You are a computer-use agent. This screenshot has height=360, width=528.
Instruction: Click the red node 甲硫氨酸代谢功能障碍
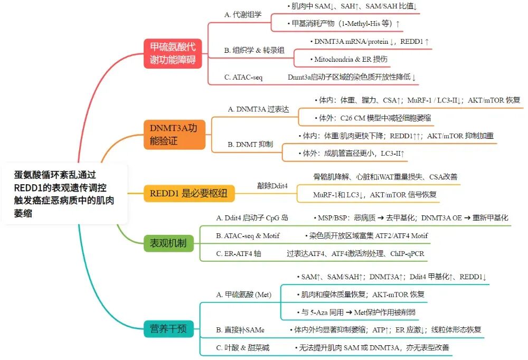tap(172, 54)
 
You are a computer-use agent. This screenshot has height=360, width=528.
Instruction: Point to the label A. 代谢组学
tap(243, 15)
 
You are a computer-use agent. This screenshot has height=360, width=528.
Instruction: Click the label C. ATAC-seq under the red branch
tap(243, 77)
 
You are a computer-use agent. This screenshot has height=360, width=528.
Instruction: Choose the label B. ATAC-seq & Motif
tap(248, 235)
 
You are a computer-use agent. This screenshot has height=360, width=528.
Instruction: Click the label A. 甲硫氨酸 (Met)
tap(243, 295)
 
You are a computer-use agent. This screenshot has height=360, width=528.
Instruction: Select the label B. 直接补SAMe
tap(240, 330)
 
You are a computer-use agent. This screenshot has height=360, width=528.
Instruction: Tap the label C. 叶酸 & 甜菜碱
tap(243, 347)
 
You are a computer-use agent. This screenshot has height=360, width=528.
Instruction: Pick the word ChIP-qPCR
tap(408, 253)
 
